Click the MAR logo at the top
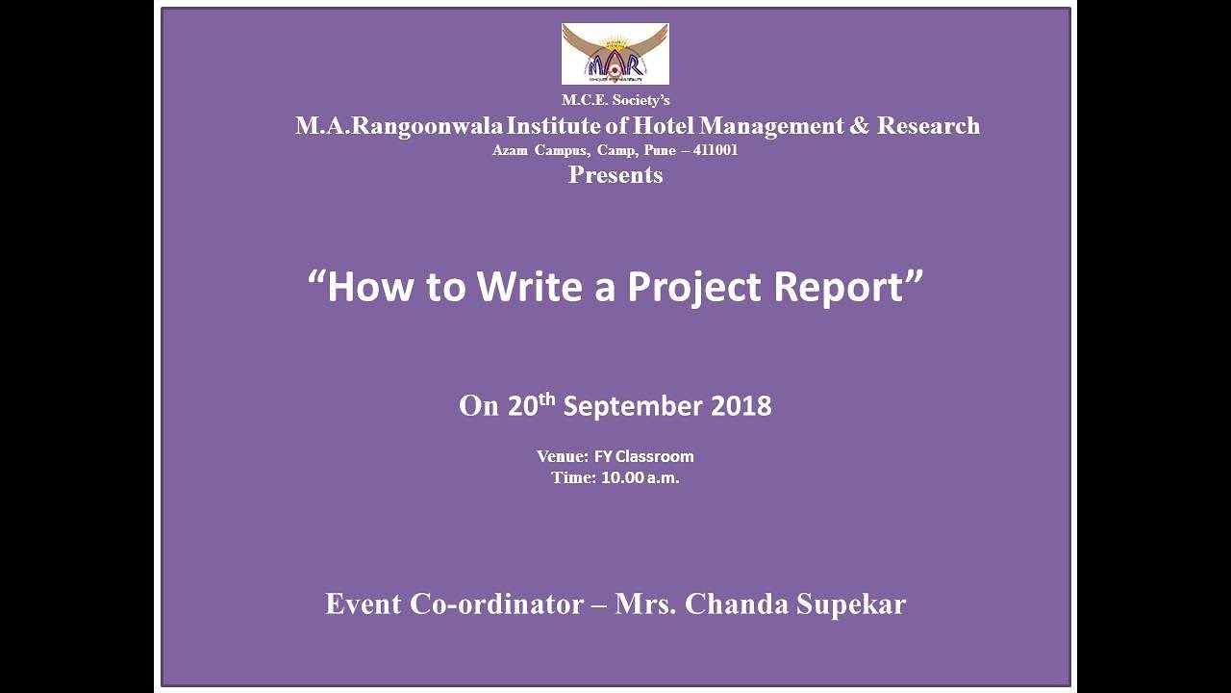(615, 54)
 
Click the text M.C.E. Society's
(615, 100)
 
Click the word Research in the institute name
(928, 126)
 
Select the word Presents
(615, 175)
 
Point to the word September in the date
(633, 407)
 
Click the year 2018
(741, 406)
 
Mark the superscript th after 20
(547, 398)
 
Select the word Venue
(562, 456)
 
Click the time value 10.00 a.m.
(641, 477)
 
